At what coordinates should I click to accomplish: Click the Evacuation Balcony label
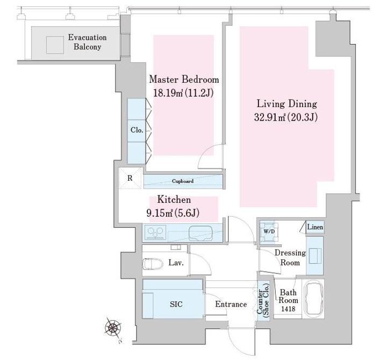88,42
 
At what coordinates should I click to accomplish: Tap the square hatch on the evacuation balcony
55,45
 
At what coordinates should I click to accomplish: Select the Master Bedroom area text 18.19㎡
168,93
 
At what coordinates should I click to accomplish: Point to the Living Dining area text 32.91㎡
270,117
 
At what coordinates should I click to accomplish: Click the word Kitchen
174,200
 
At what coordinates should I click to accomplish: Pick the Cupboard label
183,181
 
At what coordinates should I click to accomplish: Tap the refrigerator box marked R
130,178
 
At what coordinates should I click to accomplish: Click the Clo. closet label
137,130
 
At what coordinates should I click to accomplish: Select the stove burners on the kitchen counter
155,232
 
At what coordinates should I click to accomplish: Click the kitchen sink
200,233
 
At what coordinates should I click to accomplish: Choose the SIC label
176,304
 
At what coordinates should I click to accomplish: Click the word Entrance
231,304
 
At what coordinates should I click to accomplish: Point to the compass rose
113,328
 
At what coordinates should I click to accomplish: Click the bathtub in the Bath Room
313,300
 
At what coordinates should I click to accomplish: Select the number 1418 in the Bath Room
288,309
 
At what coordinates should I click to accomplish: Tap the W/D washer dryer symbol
269,232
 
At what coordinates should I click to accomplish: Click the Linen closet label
315,227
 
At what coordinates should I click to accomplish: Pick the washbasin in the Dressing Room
315,256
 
